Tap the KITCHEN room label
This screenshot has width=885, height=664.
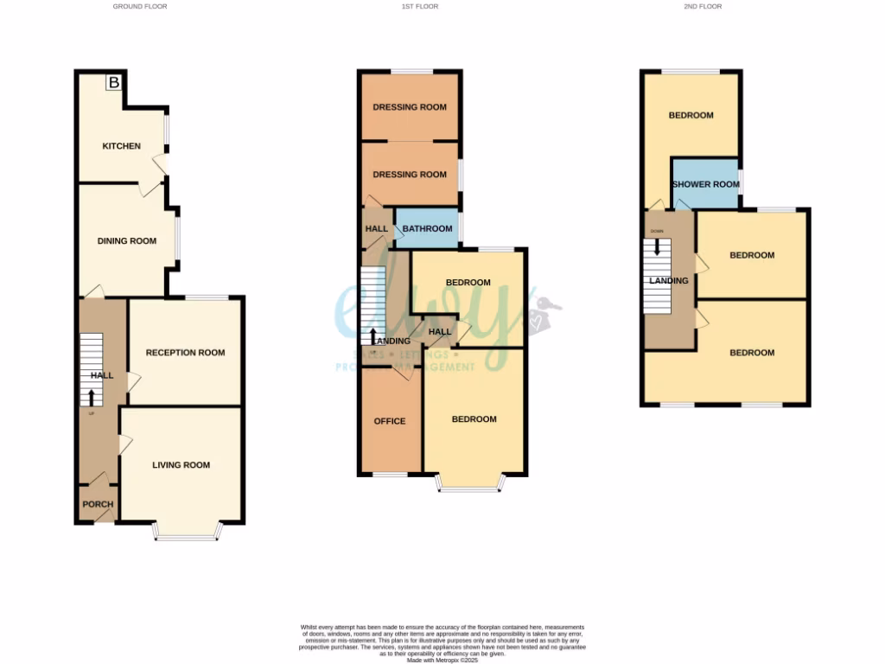[x=121, y=146]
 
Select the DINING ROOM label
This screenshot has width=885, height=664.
[x=126, y=241]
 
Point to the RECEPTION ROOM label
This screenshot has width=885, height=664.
[x=185, y=353]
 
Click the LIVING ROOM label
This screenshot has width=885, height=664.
[x=181, y=465]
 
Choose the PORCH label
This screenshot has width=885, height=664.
[x=98, y=505]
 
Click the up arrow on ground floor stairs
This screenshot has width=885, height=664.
[x=91, y=396]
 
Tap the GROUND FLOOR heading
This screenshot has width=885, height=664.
[x=140, y=6]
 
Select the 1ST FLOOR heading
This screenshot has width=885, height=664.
[x=419, y=6]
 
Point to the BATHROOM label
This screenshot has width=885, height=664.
[x=428, y=229]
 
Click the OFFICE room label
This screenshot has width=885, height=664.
[x=389, y=421]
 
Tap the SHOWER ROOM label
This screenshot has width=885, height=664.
[x=706, y=184]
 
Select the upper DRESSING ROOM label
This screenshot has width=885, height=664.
[x=410, y=107]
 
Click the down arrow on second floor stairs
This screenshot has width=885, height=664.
[x=658, y=246]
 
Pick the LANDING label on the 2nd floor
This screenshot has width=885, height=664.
[x=669, y=281]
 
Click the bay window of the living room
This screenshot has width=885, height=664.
[x=186, y=538]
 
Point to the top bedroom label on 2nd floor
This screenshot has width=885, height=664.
[x=691, y=115]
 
